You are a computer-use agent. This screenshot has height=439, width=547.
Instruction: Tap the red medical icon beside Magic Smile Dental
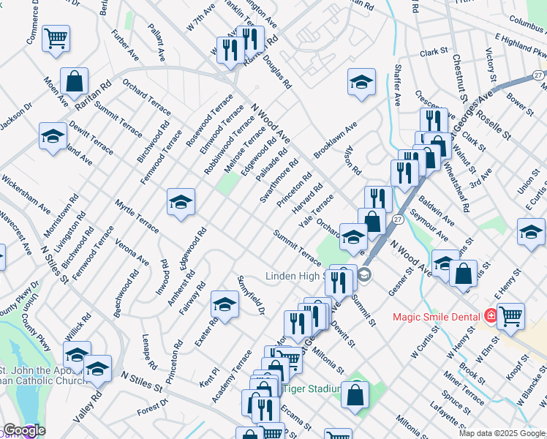click(x=491, y=317)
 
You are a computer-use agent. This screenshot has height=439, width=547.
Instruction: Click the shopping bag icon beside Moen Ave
click(x=75, y=81)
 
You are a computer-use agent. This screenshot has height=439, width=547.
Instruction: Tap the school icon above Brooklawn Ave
click(x=361, y=82)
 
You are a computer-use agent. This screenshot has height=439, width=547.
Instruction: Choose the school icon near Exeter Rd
click(x=225, y=304)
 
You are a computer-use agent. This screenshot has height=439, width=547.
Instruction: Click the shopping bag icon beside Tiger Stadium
click(x=355, y=394)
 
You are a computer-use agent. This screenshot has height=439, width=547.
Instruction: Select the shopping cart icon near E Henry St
click(x=510, y=316)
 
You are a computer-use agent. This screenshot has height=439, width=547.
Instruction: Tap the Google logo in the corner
click(x=24, y=431)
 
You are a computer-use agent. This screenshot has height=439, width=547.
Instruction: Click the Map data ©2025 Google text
click(x=502, y=433)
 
